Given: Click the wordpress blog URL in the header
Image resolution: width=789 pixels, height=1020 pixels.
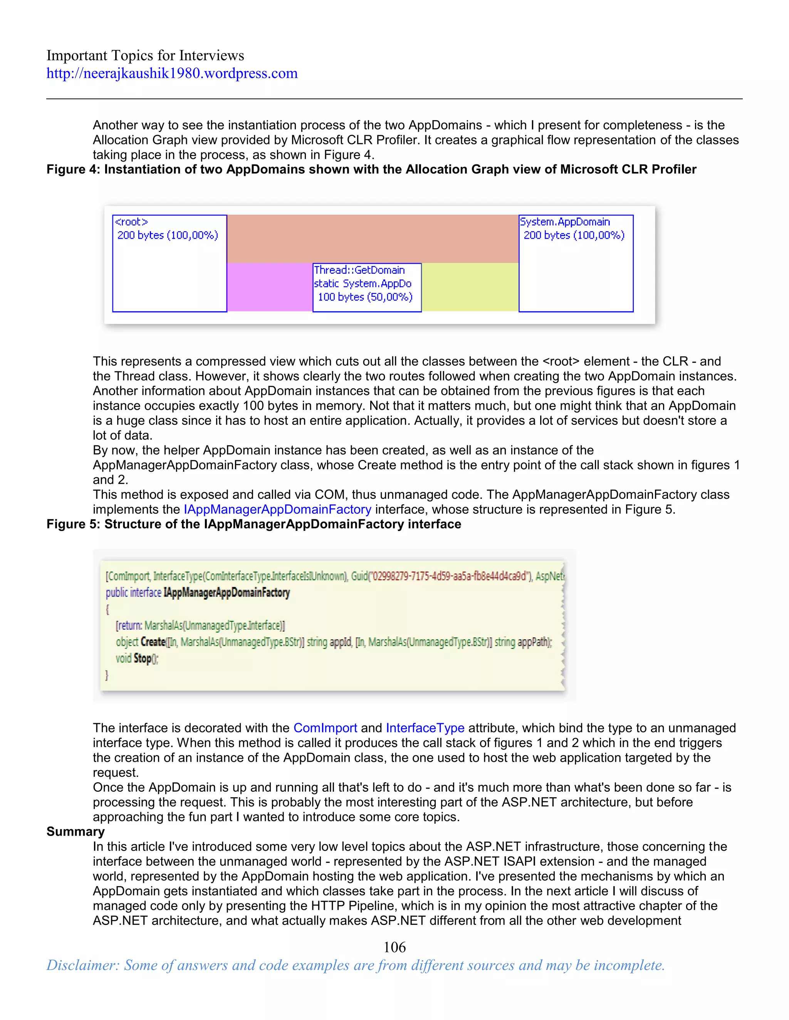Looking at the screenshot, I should click(x=171, y=73).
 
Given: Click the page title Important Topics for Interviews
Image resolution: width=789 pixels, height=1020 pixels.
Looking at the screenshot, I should click(x=145, y=55).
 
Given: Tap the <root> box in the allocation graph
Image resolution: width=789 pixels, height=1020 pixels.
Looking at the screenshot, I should click(x=170, y=263).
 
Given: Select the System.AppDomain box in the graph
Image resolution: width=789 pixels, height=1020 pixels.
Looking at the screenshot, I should click(x=576, y=263).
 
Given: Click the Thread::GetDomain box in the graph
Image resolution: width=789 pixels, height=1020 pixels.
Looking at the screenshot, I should click(x=367, y=287).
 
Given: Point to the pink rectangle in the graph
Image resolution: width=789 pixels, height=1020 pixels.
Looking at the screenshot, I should click(x=270, y=287).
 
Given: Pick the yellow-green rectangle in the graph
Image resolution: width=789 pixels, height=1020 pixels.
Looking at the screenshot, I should click(x=470, y=287).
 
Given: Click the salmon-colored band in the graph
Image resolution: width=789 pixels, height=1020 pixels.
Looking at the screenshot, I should click(x=373, y=239).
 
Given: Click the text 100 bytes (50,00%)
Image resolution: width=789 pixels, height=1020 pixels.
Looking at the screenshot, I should click(x=365, y=297).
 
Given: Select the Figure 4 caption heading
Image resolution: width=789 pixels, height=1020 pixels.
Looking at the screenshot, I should click(x=371, y=169).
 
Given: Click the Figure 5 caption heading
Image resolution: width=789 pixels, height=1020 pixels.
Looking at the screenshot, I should click(x=253, y=524).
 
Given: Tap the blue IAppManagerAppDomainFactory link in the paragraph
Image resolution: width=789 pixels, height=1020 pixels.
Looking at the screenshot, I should click(x=278, y=510).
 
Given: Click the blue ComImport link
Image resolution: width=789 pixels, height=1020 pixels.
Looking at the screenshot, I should click(x=325, y=728).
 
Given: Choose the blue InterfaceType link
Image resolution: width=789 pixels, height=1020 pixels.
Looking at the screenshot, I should click(x=425, y=728).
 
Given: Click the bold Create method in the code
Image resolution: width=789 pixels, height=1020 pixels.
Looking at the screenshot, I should click(x=153, y=642).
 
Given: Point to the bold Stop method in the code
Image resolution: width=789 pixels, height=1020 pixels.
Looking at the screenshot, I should click(x=143, y=659).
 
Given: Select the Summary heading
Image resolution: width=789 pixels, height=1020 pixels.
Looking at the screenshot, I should click(x=75, y=832).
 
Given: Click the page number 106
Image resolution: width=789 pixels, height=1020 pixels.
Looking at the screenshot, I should click(x=394, y=947).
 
